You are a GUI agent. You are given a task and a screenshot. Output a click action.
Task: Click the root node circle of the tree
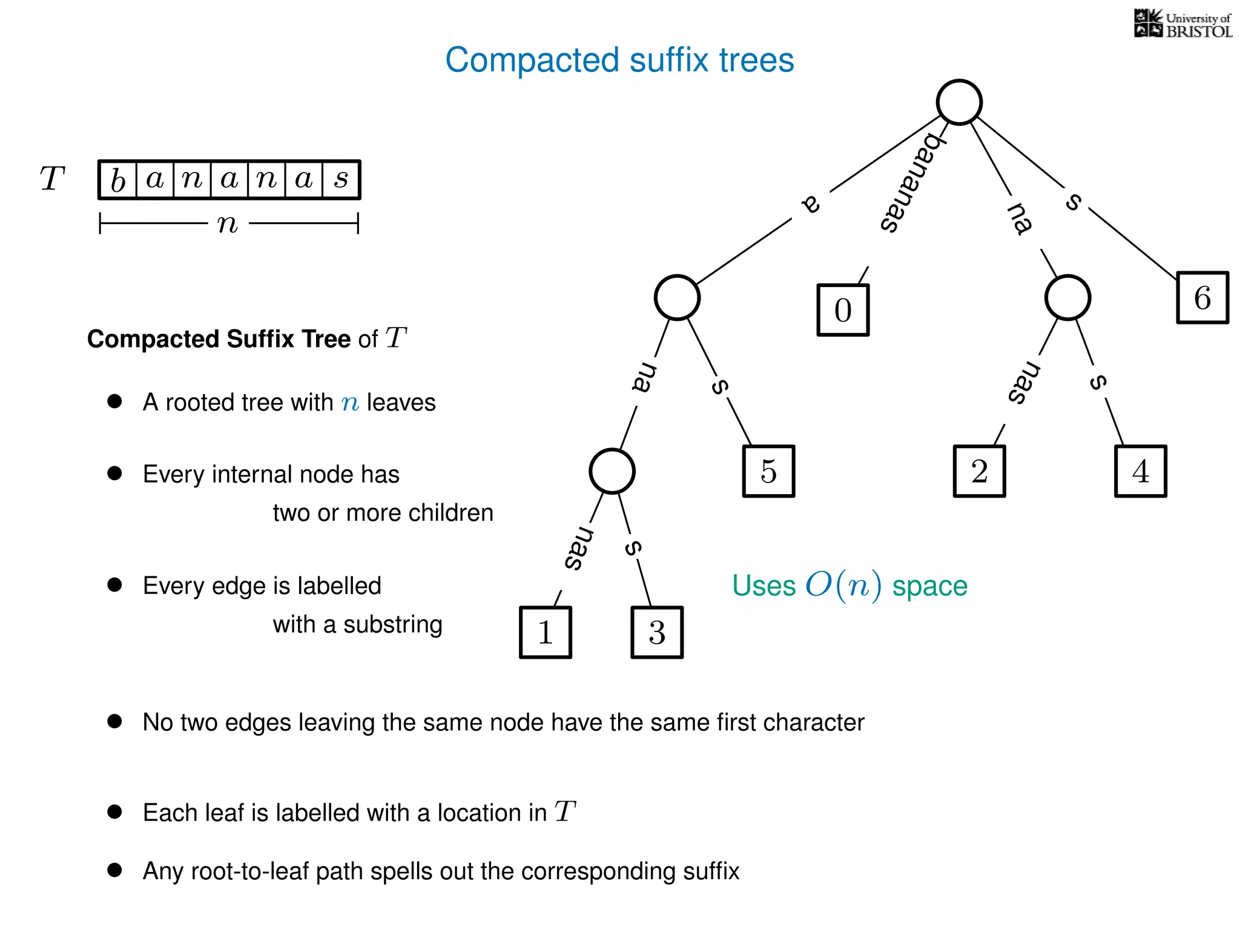click(x=959, y=102)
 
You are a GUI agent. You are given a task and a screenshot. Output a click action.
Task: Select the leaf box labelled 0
click(x=843, y=310)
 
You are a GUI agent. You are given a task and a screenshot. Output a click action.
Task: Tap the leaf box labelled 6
click(x=1202, y=297)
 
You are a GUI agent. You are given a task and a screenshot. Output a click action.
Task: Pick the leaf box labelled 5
click(x=768, y=471)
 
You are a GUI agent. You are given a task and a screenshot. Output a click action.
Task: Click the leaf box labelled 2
click(x=979, y=471)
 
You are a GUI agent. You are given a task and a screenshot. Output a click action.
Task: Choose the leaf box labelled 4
click(x=1140, y=471)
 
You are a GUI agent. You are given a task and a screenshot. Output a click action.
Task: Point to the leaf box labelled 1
click(x=545, y=632)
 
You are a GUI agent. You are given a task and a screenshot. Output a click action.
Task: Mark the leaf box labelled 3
click(x=657, y=632)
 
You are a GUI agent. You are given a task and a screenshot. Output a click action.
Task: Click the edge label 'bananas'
click(x=911, y=182)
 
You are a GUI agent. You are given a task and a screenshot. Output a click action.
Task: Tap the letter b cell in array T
click(x=118, y=180)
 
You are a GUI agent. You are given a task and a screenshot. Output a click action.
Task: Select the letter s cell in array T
click(x=341, y=180)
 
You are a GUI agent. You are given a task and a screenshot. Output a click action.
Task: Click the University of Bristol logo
click(x=1182, y=24)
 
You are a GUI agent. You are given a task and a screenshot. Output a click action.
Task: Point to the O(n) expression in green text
click(x=843, y=585)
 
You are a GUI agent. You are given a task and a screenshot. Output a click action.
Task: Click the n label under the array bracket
click(x=228, y=223)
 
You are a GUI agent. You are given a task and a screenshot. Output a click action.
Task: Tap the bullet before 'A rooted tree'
click(x=114, y=401)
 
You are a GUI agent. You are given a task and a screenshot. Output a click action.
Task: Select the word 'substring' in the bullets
click(x=392, y=624)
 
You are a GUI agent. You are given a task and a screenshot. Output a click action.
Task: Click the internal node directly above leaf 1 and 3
click(x=612, y=471)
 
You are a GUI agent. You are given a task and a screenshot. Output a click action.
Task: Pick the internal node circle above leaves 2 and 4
click(x=1067, y=297)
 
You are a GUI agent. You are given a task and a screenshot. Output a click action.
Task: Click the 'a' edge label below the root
click(x=811, y=204)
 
